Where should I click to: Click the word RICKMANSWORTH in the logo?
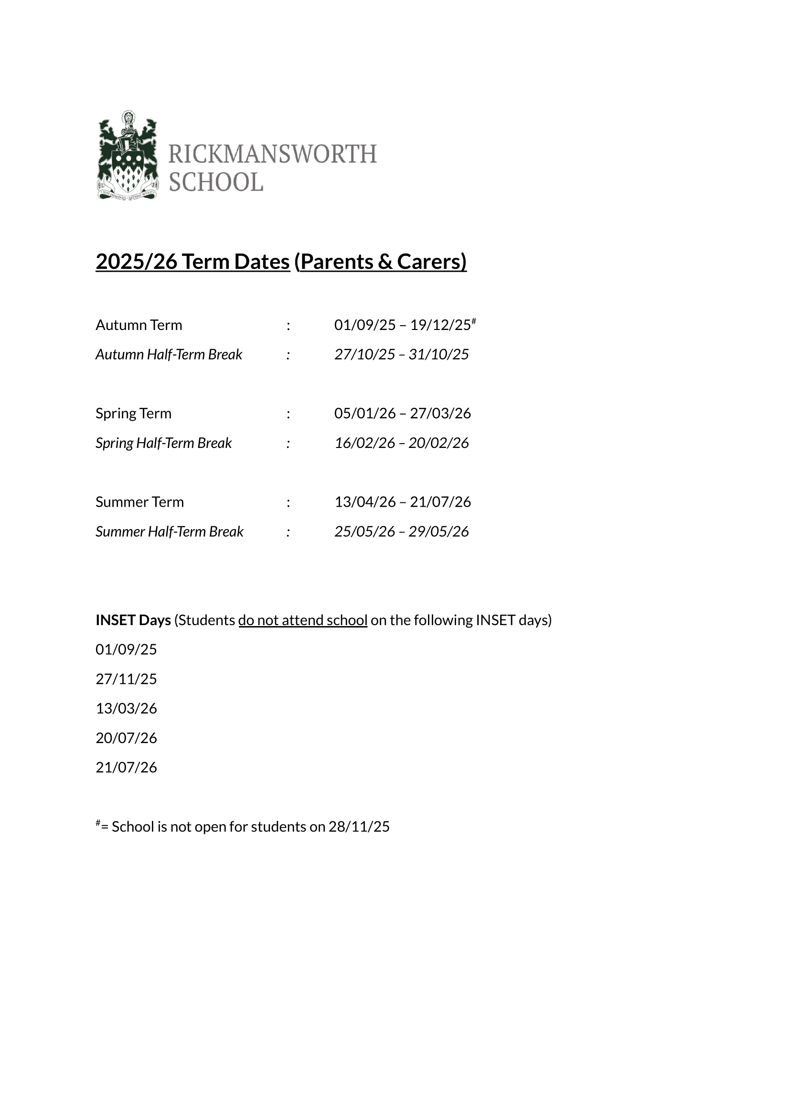[x=272, y=154]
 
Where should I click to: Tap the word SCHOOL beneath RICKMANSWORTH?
[x=216, y=182]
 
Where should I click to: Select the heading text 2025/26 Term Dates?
[x=192, y=262]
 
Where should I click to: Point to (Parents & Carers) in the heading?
[x=380, y=262]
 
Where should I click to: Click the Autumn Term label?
[x=139, y=325]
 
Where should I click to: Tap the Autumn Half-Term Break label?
[x=169, y=354]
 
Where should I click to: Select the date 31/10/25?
[x=438, y=354]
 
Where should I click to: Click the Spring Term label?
[x=133, y=414]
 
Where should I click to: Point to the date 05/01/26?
[x=365, y=414]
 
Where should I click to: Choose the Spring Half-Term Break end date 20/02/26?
[x=438, y=443]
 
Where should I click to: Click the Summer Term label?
[x=140, y=502]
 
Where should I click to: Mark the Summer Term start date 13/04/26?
[x=365, y=502]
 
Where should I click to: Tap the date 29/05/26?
[x=438, y=532]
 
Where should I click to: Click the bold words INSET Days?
[x=133, y=620]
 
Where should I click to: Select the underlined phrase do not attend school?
[x=302, y=620]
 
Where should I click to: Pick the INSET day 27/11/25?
[x=126, y=679]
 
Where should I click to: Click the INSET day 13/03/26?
[x=126, y=709]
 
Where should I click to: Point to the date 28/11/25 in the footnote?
[x=359, y=827]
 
